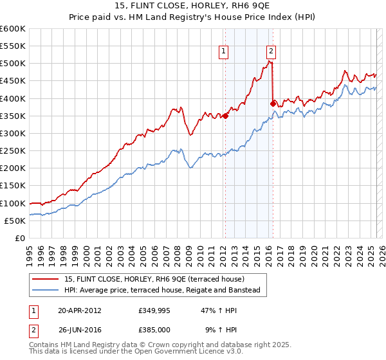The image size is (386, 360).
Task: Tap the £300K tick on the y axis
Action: [13, 133]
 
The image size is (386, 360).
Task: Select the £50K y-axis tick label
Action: [15, 221]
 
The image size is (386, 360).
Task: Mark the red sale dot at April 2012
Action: [225, 116]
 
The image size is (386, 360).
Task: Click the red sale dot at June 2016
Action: [273, 104]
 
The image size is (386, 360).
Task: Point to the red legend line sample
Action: [46, 279]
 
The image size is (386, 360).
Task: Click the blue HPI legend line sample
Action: [46, 291]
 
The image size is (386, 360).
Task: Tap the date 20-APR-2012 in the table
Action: [80, 310]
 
